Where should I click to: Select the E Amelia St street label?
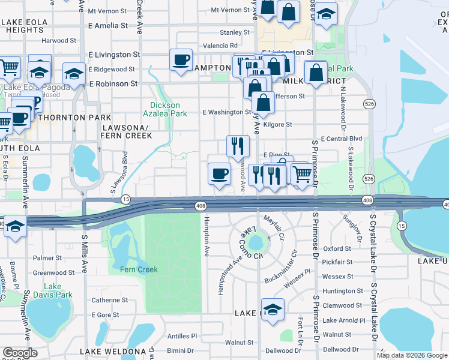[108, 26]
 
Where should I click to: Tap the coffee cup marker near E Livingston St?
[181, 60]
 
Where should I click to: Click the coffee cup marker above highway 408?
[219, 173]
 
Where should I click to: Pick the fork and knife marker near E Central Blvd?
[238, 145]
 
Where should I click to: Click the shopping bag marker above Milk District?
[316, 73]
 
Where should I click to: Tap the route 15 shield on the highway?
[125, 199]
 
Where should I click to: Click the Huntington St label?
[343, 291]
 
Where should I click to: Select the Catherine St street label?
[106, 300]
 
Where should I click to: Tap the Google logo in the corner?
[20, 353]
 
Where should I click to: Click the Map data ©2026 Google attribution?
[412, 355]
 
